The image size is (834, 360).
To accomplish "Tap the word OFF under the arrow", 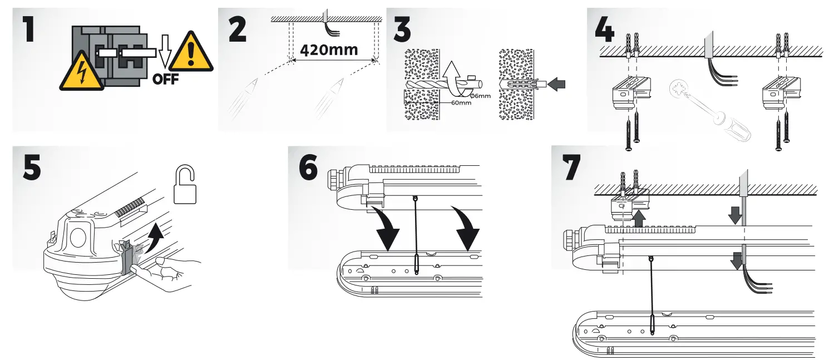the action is pos(165,78).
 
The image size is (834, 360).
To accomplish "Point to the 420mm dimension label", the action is pos(328,50).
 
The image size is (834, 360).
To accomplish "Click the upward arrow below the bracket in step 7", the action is pos(639,217).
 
